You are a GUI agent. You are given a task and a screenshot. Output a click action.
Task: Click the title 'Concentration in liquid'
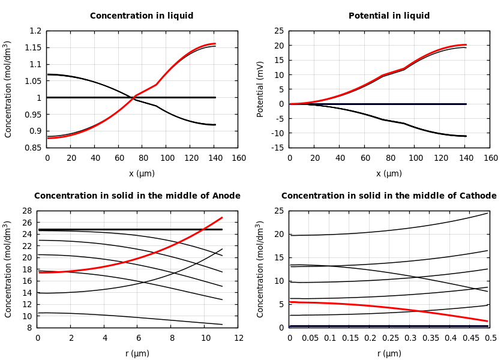(142, 16)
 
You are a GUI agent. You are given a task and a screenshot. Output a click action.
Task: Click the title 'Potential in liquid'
(389, 16)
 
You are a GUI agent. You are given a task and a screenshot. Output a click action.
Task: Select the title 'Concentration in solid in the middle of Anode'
(137, 196)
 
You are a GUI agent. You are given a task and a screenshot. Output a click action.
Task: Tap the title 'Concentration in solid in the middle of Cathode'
(389, 196)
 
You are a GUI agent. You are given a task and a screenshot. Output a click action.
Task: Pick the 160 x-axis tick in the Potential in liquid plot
(491, 158)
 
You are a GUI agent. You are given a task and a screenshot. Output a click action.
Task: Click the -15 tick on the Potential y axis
(278, 148)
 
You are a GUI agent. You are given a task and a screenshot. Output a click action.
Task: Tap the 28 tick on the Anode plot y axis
(28, 211)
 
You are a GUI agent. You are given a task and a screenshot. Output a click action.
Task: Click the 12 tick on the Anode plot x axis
(239, 338)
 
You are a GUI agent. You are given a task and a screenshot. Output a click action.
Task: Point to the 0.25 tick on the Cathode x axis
(390, 338)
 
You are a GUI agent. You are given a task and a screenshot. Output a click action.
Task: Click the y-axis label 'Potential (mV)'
(260, 89)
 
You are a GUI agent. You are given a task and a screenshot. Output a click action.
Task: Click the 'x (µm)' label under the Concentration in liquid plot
(142, 173)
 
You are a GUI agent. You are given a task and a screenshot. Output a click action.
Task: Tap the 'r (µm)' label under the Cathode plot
(389, 353)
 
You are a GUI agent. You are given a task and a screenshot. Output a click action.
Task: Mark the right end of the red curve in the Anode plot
(222, 218)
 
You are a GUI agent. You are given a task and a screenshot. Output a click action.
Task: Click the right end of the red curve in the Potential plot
(466, 45)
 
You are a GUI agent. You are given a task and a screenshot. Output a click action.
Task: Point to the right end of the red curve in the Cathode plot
(487, 321)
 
